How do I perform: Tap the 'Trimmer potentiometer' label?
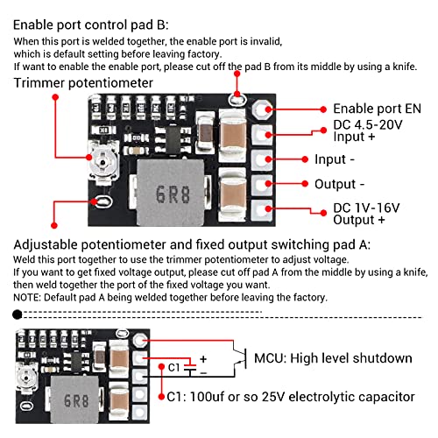(x=83, y=82)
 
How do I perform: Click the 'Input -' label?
(x=335, y=159)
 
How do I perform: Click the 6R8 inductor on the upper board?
(x=174, y=194)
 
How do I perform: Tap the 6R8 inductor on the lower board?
(x=76, y=402)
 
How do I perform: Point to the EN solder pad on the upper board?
(x=262, y=109)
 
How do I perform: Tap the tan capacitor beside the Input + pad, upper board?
(x=234, y=133)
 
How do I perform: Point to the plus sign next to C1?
(x=204, y=358)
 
